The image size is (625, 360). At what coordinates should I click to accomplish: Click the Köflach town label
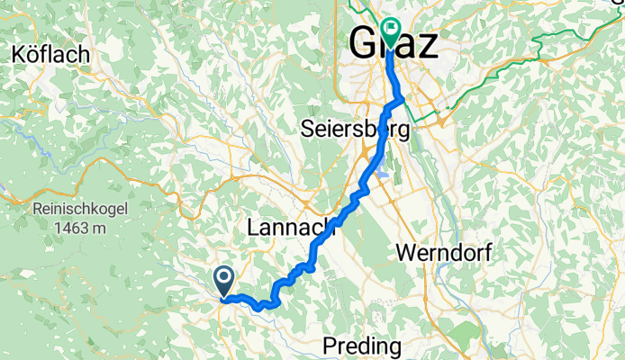(51, 55)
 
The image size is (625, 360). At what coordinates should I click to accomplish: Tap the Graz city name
(394, 42)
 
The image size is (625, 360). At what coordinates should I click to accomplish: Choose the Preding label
(363, 346)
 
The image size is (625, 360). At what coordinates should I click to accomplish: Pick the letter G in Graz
(362, 42)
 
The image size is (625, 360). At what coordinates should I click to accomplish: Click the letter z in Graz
(428, 42)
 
